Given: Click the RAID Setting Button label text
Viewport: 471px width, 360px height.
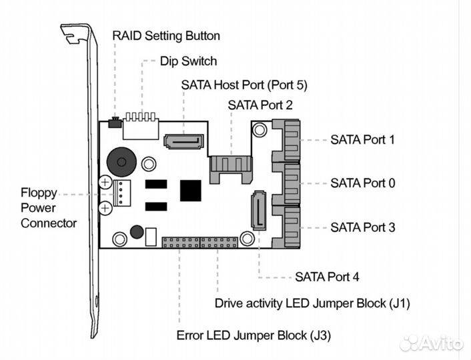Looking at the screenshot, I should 165,35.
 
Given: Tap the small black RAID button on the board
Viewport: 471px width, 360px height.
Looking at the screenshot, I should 114,121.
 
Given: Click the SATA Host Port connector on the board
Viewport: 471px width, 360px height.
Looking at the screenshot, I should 183,141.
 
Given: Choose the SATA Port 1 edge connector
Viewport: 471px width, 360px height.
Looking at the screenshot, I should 286,141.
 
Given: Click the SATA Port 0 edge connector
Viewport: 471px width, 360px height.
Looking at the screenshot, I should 286,183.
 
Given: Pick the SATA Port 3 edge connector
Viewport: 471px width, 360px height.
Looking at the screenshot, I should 286,227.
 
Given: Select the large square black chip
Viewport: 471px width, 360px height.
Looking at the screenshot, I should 191,190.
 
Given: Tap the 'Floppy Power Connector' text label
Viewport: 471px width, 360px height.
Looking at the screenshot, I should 48,207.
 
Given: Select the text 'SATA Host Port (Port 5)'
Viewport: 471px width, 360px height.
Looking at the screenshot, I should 244,85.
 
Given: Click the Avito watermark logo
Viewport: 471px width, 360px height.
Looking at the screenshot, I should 432,343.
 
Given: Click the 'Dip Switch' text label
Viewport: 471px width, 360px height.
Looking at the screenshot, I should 188,61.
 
